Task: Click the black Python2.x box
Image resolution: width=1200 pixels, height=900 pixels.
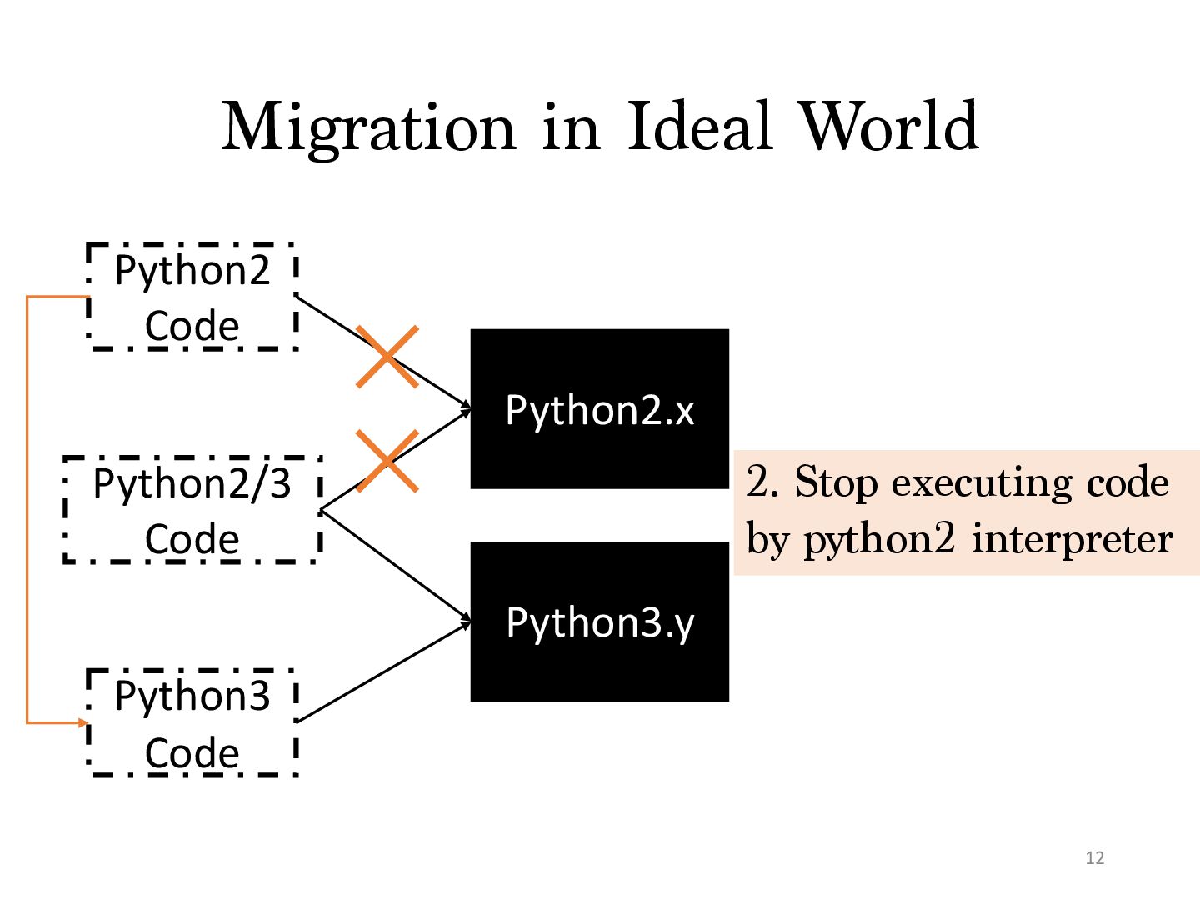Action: click(x=599, y=409)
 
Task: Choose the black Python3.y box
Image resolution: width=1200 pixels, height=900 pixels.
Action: click(x=599, y=622)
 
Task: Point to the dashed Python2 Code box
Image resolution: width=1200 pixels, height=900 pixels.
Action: click(x=192, y=297)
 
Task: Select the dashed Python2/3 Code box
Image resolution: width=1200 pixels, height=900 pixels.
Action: click(x=192, y=510)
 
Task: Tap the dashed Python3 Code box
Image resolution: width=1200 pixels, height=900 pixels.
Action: click(x=192, y=722)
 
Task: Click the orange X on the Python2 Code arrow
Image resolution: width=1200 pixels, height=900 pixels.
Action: click(x=387, y=357)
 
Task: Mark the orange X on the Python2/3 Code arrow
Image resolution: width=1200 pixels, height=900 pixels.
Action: click(x=387, y=461)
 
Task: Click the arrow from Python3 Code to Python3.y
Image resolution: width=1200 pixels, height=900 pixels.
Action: click(x=383, y=672)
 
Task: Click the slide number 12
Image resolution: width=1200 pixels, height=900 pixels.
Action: click(x=1094, y=858)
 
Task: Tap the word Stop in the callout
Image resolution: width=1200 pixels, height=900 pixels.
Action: click(x=835, y=482)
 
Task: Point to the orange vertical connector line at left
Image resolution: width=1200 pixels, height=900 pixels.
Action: click(x=27, y=508)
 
